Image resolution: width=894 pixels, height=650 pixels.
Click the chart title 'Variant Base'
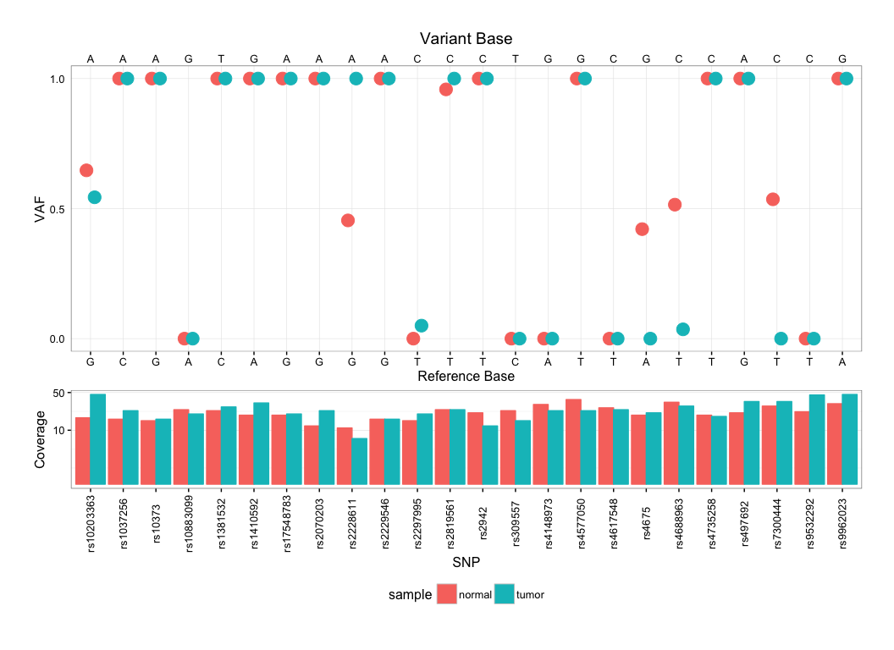[466, 39]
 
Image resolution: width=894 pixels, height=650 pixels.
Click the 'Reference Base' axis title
[466, 376]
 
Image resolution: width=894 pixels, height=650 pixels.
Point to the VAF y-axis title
[40, 208]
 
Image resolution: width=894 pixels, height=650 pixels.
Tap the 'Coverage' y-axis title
[40, 438]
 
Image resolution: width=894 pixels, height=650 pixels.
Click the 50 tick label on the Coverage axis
[59, 394]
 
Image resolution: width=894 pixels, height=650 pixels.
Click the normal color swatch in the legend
[446, 594]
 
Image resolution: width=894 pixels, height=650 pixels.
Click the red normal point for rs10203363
[86, 170]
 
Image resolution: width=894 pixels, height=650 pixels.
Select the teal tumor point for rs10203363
[95, 197]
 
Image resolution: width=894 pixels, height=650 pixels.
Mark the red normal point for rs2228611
[347, 220]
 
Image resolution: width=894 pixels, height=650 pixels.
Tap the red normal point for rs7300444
[772, 199]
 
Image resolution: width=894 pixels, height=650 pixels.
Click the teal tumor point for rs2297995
[422, 326]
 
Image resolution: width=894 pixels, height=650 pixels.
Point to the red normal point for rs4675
[642, 229]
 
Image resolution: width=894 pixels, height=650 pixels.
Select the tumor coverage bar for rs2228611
[360, 461]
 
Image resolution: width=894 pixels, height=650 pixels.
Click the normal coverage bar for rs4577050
[573, 442]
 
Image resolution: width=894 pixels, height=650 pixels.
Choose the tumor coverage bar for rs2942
[490, 454]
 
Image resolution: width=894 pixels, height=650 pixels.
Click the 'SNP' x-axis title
[466, 561]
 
